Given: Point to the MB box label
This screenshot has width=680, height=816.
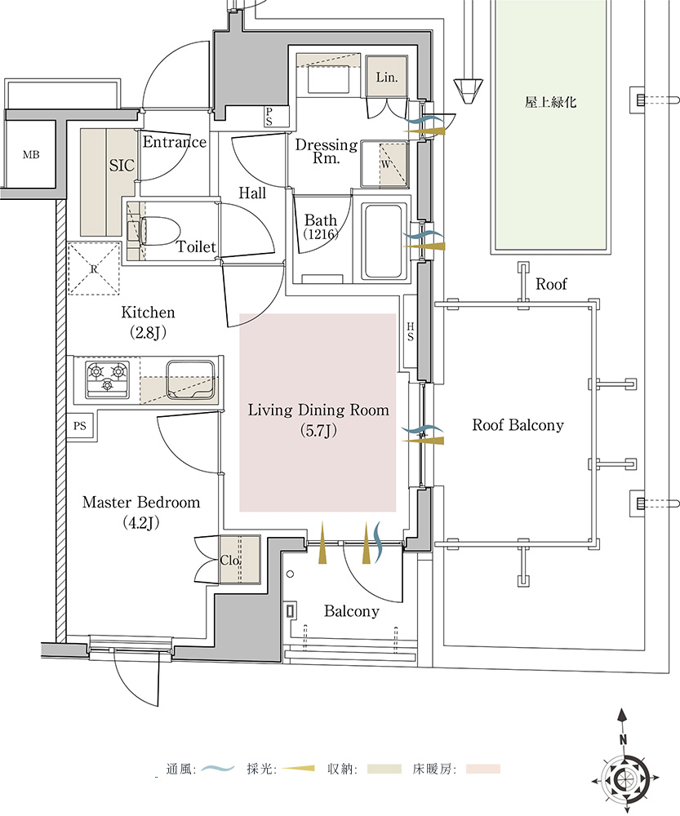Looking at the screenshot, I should coord(31,155).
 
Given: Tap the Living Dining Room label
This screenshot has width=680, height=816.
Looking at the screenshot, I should coord(318,410).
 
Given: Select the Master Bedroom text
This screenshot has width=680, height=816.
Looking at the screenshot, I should coord(141,503).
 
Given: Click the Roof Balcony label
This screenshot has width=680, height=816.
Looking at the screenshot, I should coord(518,425).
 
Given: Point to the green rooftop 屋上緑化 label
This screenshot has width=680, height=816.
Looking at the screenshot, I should coord(550,103).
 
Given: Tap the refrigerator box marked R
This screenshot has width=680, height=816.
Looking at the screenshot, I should coord(94,268).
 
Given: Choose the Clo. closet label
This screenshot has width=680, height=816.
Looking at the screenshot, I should coord(230,561).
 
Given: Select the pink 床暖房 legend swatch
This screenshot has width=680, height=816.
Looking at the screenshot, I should coord(483,769).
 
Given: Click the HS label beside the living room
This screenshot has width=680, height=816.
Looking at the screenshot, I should coord(411,331).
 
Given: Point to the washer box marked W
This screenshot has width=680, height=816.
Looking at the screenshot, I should coord(384,162).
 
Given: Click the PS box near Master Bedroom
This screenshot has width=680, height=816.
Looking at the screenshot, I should coord(80,426).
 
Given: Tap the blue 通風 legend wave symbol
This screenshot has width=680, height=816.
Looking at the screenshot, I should coord(218,769).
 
